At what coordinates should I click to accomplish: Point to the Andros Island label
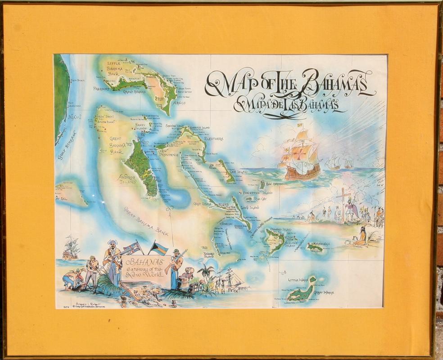(127, 179)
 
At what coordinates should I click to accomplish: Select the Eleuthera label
(213, 139)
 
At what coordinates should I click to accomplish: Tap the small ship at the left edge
(70, 249)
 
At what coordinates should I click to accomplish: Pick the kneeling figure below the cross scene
(360, 237)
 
